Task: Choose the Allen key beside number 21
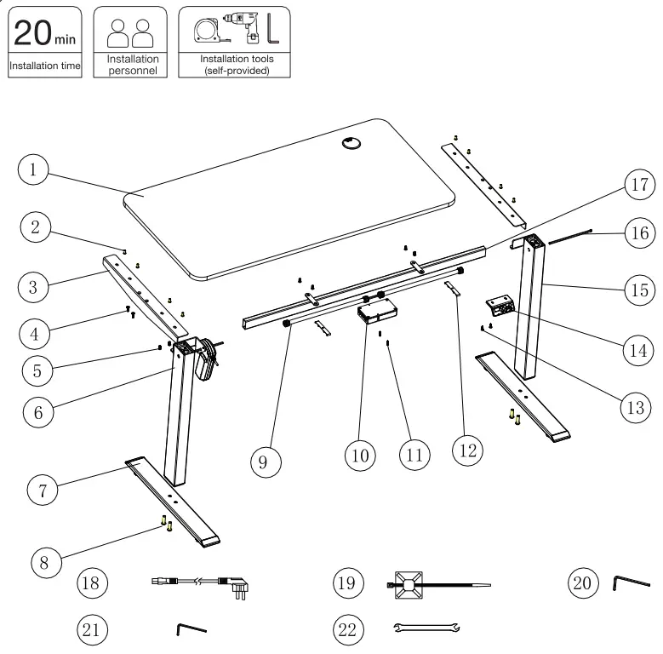coord(191,628)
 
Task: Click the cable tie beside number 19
coord(434,585)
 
